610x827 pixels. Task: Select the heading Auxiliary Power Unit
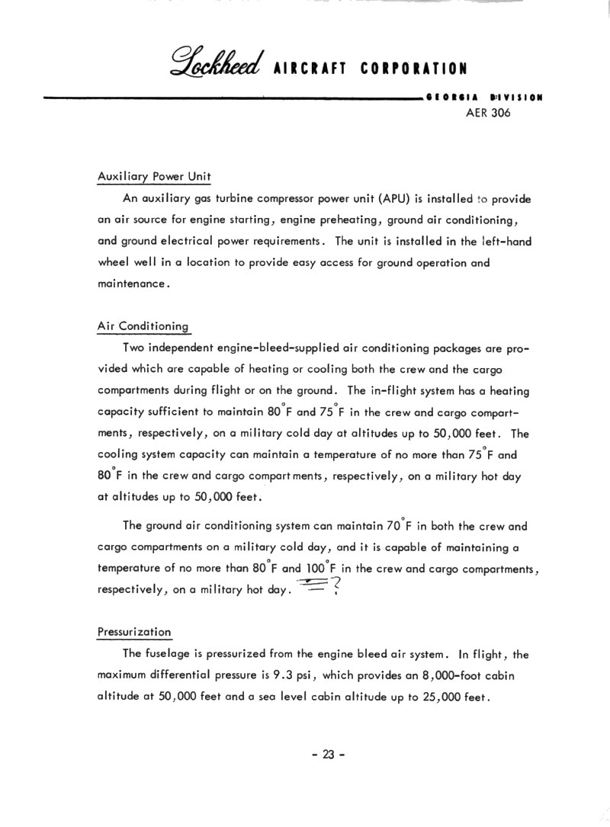[154, 177]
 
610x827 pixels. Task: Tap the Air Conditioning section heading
[143, 326]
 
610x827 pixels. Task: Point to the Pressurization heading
[134, 632]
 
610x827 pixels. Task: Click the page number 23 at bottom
[328, 755]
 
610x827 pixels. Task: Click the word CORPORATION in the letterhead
[414, 69]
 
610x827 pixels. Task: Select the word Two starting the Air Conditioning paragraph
[134, 348]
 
